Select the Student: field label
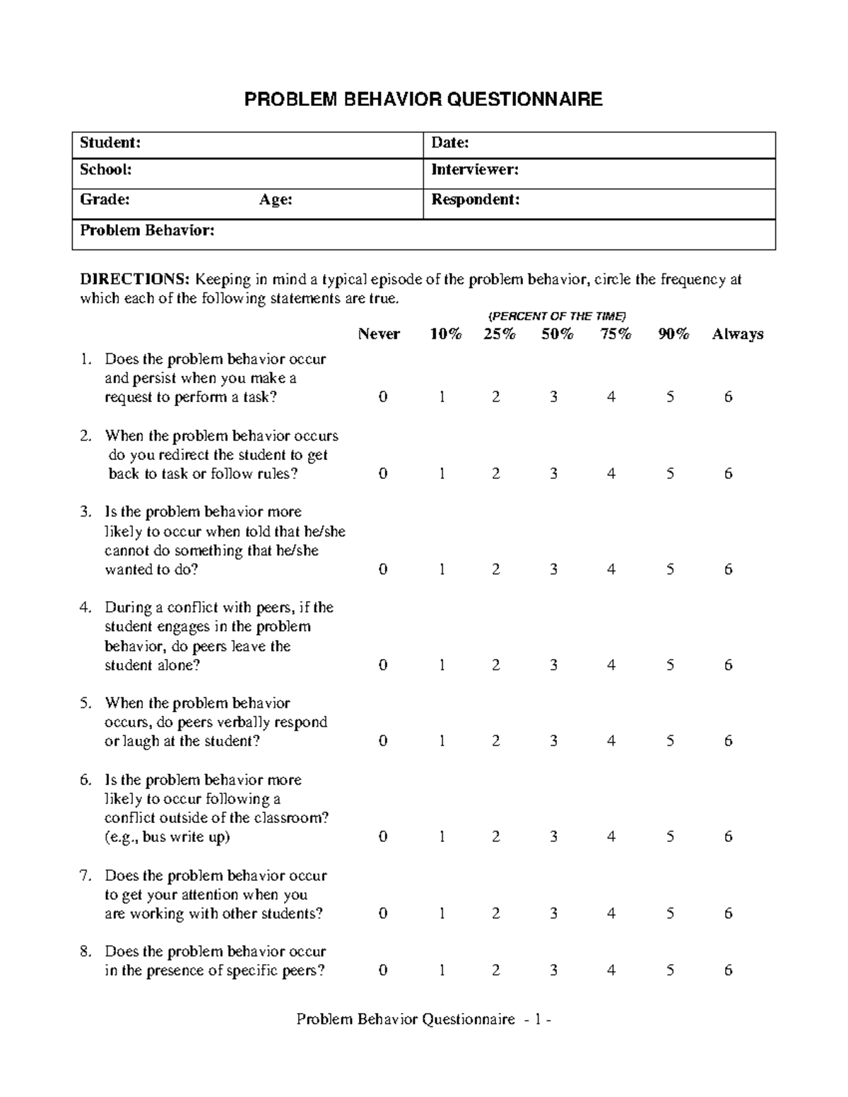110,143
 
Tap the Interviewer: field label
475,170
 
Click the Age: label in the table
276,200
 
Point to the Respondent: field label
476,200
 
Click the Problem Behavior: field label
147,230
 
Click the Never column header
379,334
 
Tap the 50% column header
558,334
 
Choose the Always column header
737,334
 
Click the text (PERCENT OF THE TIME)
558,316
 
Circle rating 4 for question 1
611,397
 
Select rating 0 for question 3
383,569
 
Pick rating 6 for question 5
729,741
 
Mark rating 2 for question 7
496,913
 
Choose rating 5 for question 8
670,971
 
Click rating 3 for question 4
554,665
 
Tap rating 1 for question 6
442,837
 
